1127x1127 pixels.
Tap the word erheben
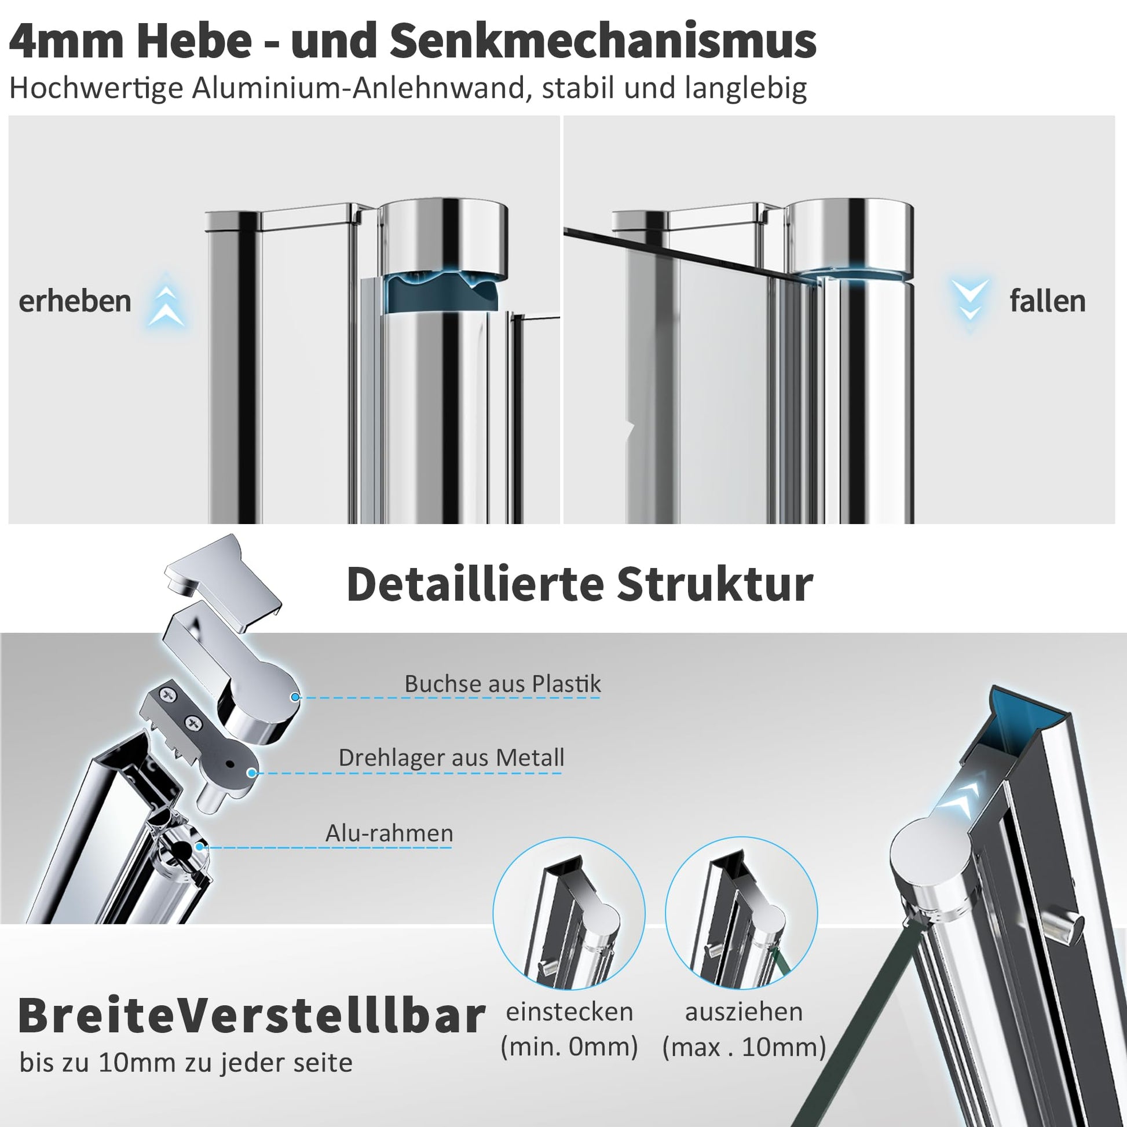[x=75, y=301]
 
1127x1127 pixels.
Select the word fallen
[x=1047, y=301]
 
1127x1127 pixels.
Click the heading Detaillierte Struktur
[x=580, y=584]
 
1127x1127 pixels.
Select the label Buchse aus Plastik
[x=502, y=683]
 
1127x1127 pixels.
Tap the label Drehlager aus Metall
[x=451, y=758]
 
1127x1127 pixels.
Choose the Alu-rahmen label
[x=389, y=833]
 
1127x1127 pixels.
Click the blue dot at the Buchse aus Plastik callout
[x=295, y=697]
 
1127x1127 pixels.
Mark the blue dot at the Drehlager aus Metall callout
[x=251, y=773]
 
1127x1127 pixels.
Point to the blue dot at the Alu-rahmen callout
[x=199, y=847]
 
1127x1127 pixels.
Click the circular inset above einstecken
[x=569, y=913]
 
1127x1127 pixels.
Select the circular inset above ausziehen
[x=741, y=913]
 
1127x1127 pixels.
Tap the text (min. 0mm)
[x=569, y=1046]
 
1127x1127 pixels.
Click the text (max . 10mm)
[x=744, y=1047]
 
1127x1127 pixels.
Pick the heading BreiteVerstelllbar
[x=251, y=1016]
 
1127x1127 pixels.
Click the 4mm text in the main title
[x=67, y=42]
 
